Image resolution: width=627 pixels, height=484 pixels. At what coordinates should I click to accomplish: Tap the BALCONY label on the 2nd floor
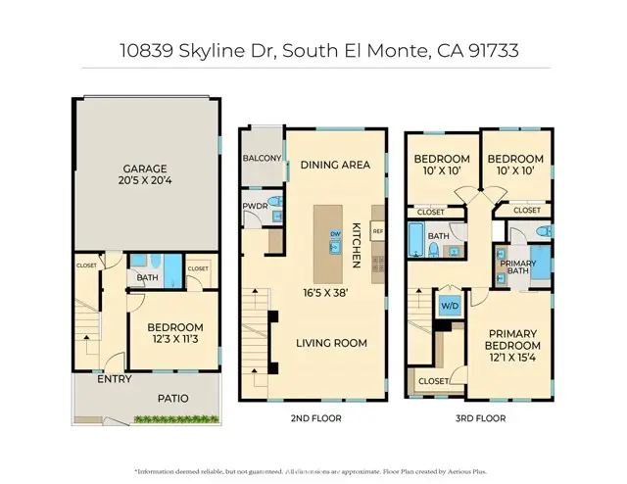pyautogui.click(x=262, y=159)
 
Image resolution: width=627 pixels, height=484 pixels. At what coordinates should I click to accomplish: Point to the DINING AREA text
pyautogui.click(x=335, y=165)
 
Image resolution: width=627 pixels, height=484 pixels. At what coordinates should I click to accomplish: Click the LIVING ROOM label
pyautogui.click(x=334, y=343)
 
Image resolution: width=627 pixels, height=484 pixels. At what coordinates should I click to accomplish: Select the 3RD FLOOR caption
pyautogui.click(x=480, y=417)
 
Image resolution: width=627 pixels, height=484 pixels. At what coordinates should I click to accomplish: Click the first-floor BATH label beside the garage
pyautogui.click(x=148, y=277)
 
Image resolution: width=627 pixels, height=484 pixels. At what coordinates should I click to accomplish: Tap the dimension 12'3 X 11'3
pyautogui.click(x=175, y=342)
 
